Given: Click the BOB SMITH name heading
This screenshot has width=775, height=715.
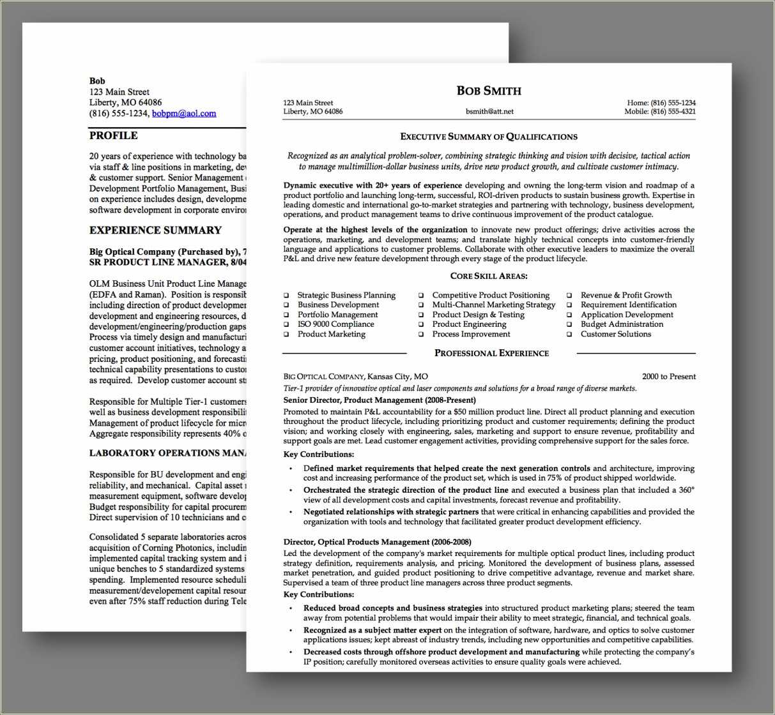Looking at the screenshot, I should tap(489, 91).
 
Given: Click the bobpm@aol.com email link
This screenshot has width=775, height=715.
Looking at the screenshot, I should tap(184, 114).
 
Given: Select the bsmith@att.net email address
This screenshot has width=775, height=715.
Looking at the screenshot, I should tap(489, 111).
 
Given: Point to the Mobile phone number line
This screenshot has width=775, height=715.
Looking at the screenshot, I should tap(660, 112).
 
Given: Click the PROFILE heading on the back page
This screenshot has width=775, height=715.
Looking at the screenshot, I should tap(113, 135).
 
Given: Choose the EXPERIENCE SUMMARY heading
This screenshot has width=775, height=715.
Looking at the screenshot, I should tap(155, 230).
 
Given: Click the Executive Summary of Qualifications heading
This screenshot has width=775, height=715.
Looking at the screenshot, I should tap(489, 137).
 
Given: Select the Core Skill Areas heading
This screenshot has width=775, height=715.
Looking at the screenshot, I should tap(489, 276).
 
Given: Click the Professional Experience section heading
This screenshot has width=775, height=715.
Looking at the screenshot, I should tap(491, 353).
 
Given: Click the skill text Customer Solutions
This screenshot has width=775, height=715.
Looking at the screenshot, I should tap(615, 334).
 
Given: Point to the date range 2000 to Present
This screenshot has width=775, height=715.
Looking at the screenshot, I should tap(669, 377).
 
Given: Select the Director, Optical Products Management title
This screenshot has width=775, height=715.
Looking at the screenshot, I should tap(377, 542).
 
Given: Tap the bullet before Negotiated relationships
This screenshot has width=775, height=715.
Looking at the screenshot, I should tap(290, 512).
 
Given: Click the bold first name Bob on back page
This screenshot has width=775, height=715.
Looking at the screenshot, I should tap(97, 81).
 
